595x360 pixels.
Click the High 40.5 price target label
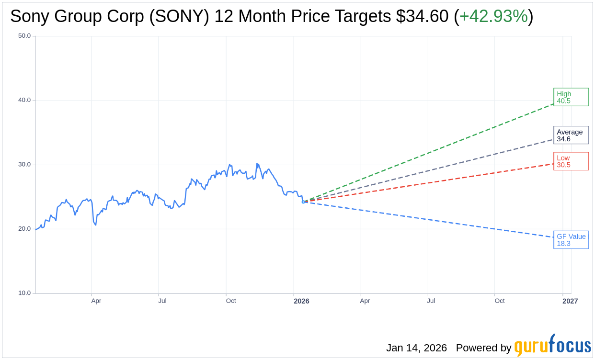(x=571, y=97)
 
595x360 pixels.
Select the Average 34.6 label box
(x=571, y=135)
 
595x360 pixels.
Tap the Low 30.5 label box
(x=571, y=161)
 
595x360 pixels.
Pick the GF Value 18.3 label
(x=571, y=240)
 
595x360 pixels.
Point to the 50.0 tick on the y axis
(x=24, y=36)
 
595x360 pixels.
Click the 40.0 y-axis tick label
(x=24, y=100)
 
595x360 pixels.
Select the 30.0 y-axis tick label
(x=24, y=164)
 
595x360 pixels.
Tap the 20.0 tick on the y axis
(x=24, y=229)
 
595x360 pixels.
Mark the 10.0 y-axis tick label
(x=24, y=293)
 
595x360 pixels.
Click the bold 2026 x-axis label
(x=301, y=301)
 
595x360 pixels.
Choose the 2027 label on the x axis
(x=570, y=301)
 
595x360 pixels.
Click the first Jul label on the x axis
(x=162, y=301)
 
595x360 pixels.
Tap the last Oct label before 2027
(x=500, y=301)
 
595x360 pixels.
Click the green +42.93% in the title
(x=493, y=17)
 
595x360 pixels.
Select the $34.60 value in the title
(x=422, y=17)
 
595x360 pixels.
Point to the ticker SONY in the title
(x=179, y=17)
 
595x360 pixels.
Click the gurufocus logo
(x=552, y=346)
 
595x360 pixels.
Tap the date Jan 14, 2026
(x=416, y=348)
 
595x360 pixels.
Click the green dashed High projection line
(x=431, y=151)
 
